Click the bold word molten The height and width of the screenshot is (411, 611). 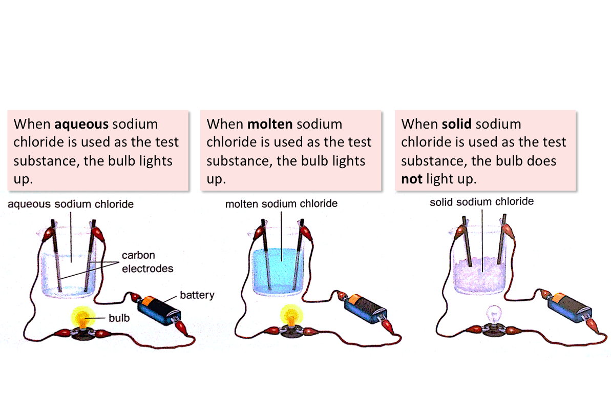(270, 125)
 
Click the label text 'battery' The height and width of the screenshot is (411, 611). (197, 295)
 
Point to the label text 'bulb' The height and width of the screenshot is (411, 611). (119, 318)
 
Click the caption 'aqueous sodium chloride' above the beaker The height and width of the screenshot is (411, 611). (71, 204)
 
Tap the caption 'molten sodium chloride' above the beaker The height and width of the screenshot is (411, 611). (281, 203)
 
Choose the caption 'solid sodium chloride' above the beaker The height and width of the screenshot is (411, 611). (481, 202)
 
